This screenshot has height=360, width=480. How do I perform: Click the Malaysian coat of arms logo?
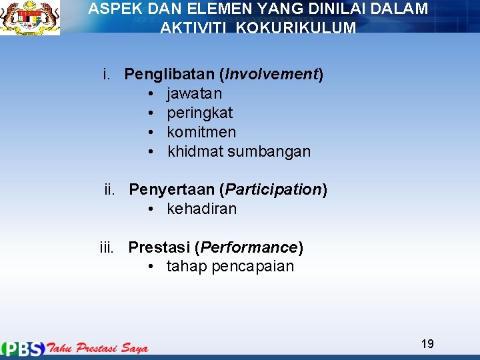pos(30,18)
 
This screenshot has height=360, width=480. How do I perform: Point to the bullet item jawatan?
pos(194,93)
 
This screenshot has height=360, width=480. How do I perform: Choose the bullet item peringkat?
pos(199,113)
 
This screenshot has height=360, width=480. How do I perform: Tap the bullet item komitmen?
pos(201,132)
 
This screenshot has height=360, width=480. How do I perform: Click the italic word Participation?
pos(273,190)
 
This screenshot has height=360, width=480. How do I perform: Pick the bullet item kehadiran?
pos(201,209)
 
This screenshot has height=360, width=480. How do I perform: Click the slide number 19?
pos(427,344)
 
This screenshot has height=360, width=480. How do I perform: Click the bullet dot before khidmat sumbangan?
pos(153,151)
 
